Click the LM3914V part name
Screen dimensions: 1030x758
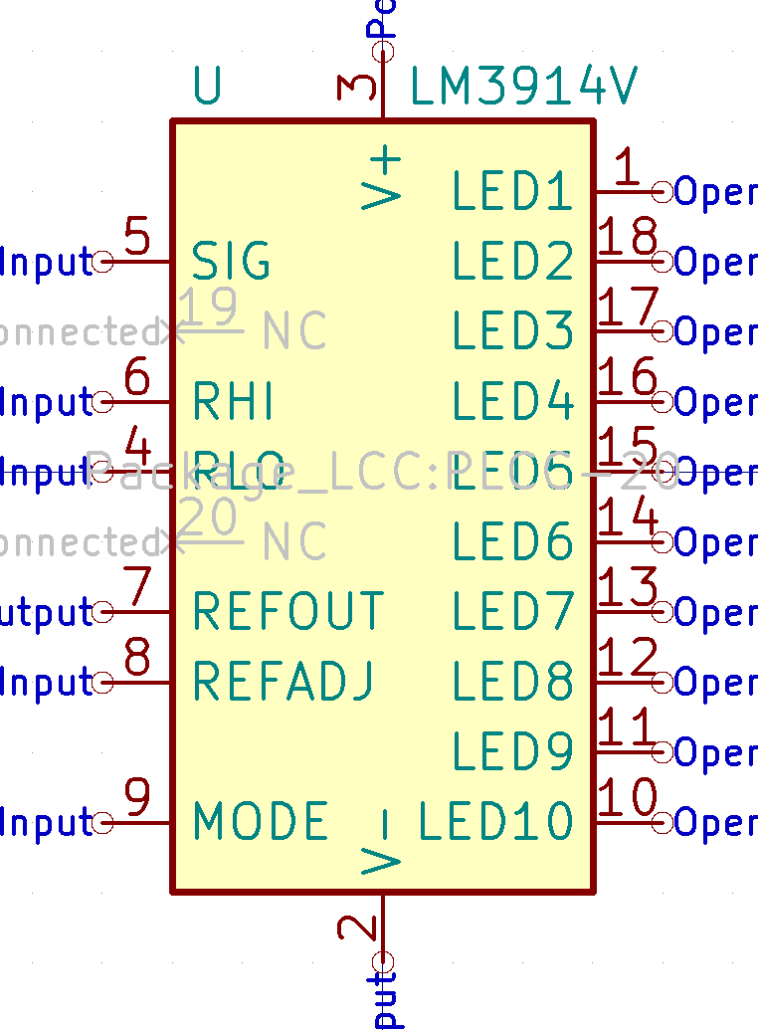point(523,89)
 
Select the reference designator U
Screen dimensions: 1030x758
point(207,89)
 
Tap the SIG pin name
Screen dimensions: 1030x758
point(231,262)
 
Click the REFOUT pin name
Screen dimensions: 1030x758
point(287,611)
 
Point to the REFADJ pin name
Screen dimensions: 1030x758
point(284,682)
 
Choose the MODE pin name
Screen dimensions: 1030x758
point(261,822)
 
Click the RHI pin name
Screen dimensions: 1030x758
point(233,402)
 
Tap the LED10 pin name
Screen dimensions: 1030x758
point(496,822)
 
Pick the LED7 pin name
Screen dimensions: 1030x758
point(513,611)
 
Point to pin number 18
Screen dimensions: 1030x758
point(629,239)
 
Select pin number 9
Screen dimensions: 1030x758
point(137,798)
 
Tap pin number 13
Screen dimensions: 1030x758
point(629,587)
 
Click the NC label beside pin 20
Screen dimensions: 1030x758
point(294,542)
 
